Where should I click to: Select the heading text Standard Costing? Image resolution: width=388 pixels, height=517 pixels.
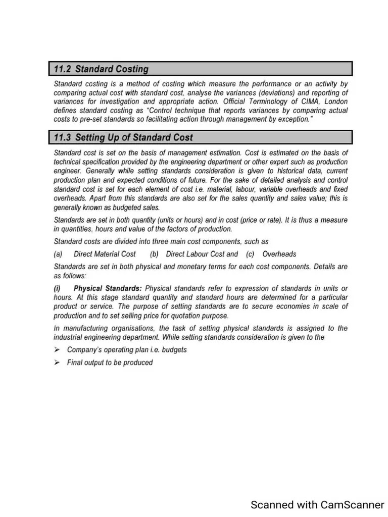112,69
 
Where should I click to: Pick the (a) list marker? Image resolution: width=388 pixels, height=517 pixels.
58,254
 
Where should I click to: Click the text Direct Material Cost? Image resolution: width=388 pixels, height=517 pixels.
105,254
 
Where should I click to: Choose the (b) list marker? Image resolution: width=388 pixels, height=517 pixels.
154,254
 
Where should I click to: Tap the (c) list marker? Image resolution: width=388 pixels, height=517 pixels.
250,254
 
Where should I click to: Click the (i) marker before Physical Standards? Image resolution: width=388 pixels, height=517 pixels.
58,288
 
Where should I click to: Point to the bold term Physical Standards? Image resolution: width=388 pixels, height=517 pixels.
108,288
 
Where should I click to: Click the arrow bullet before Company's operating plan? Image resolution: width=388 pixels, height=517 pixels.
57,349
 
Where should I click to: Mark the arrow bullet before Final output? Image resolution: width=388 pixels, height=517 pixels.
57,363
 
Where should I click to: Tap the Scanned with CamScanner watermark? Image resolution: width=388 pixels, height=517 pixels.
317,504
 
